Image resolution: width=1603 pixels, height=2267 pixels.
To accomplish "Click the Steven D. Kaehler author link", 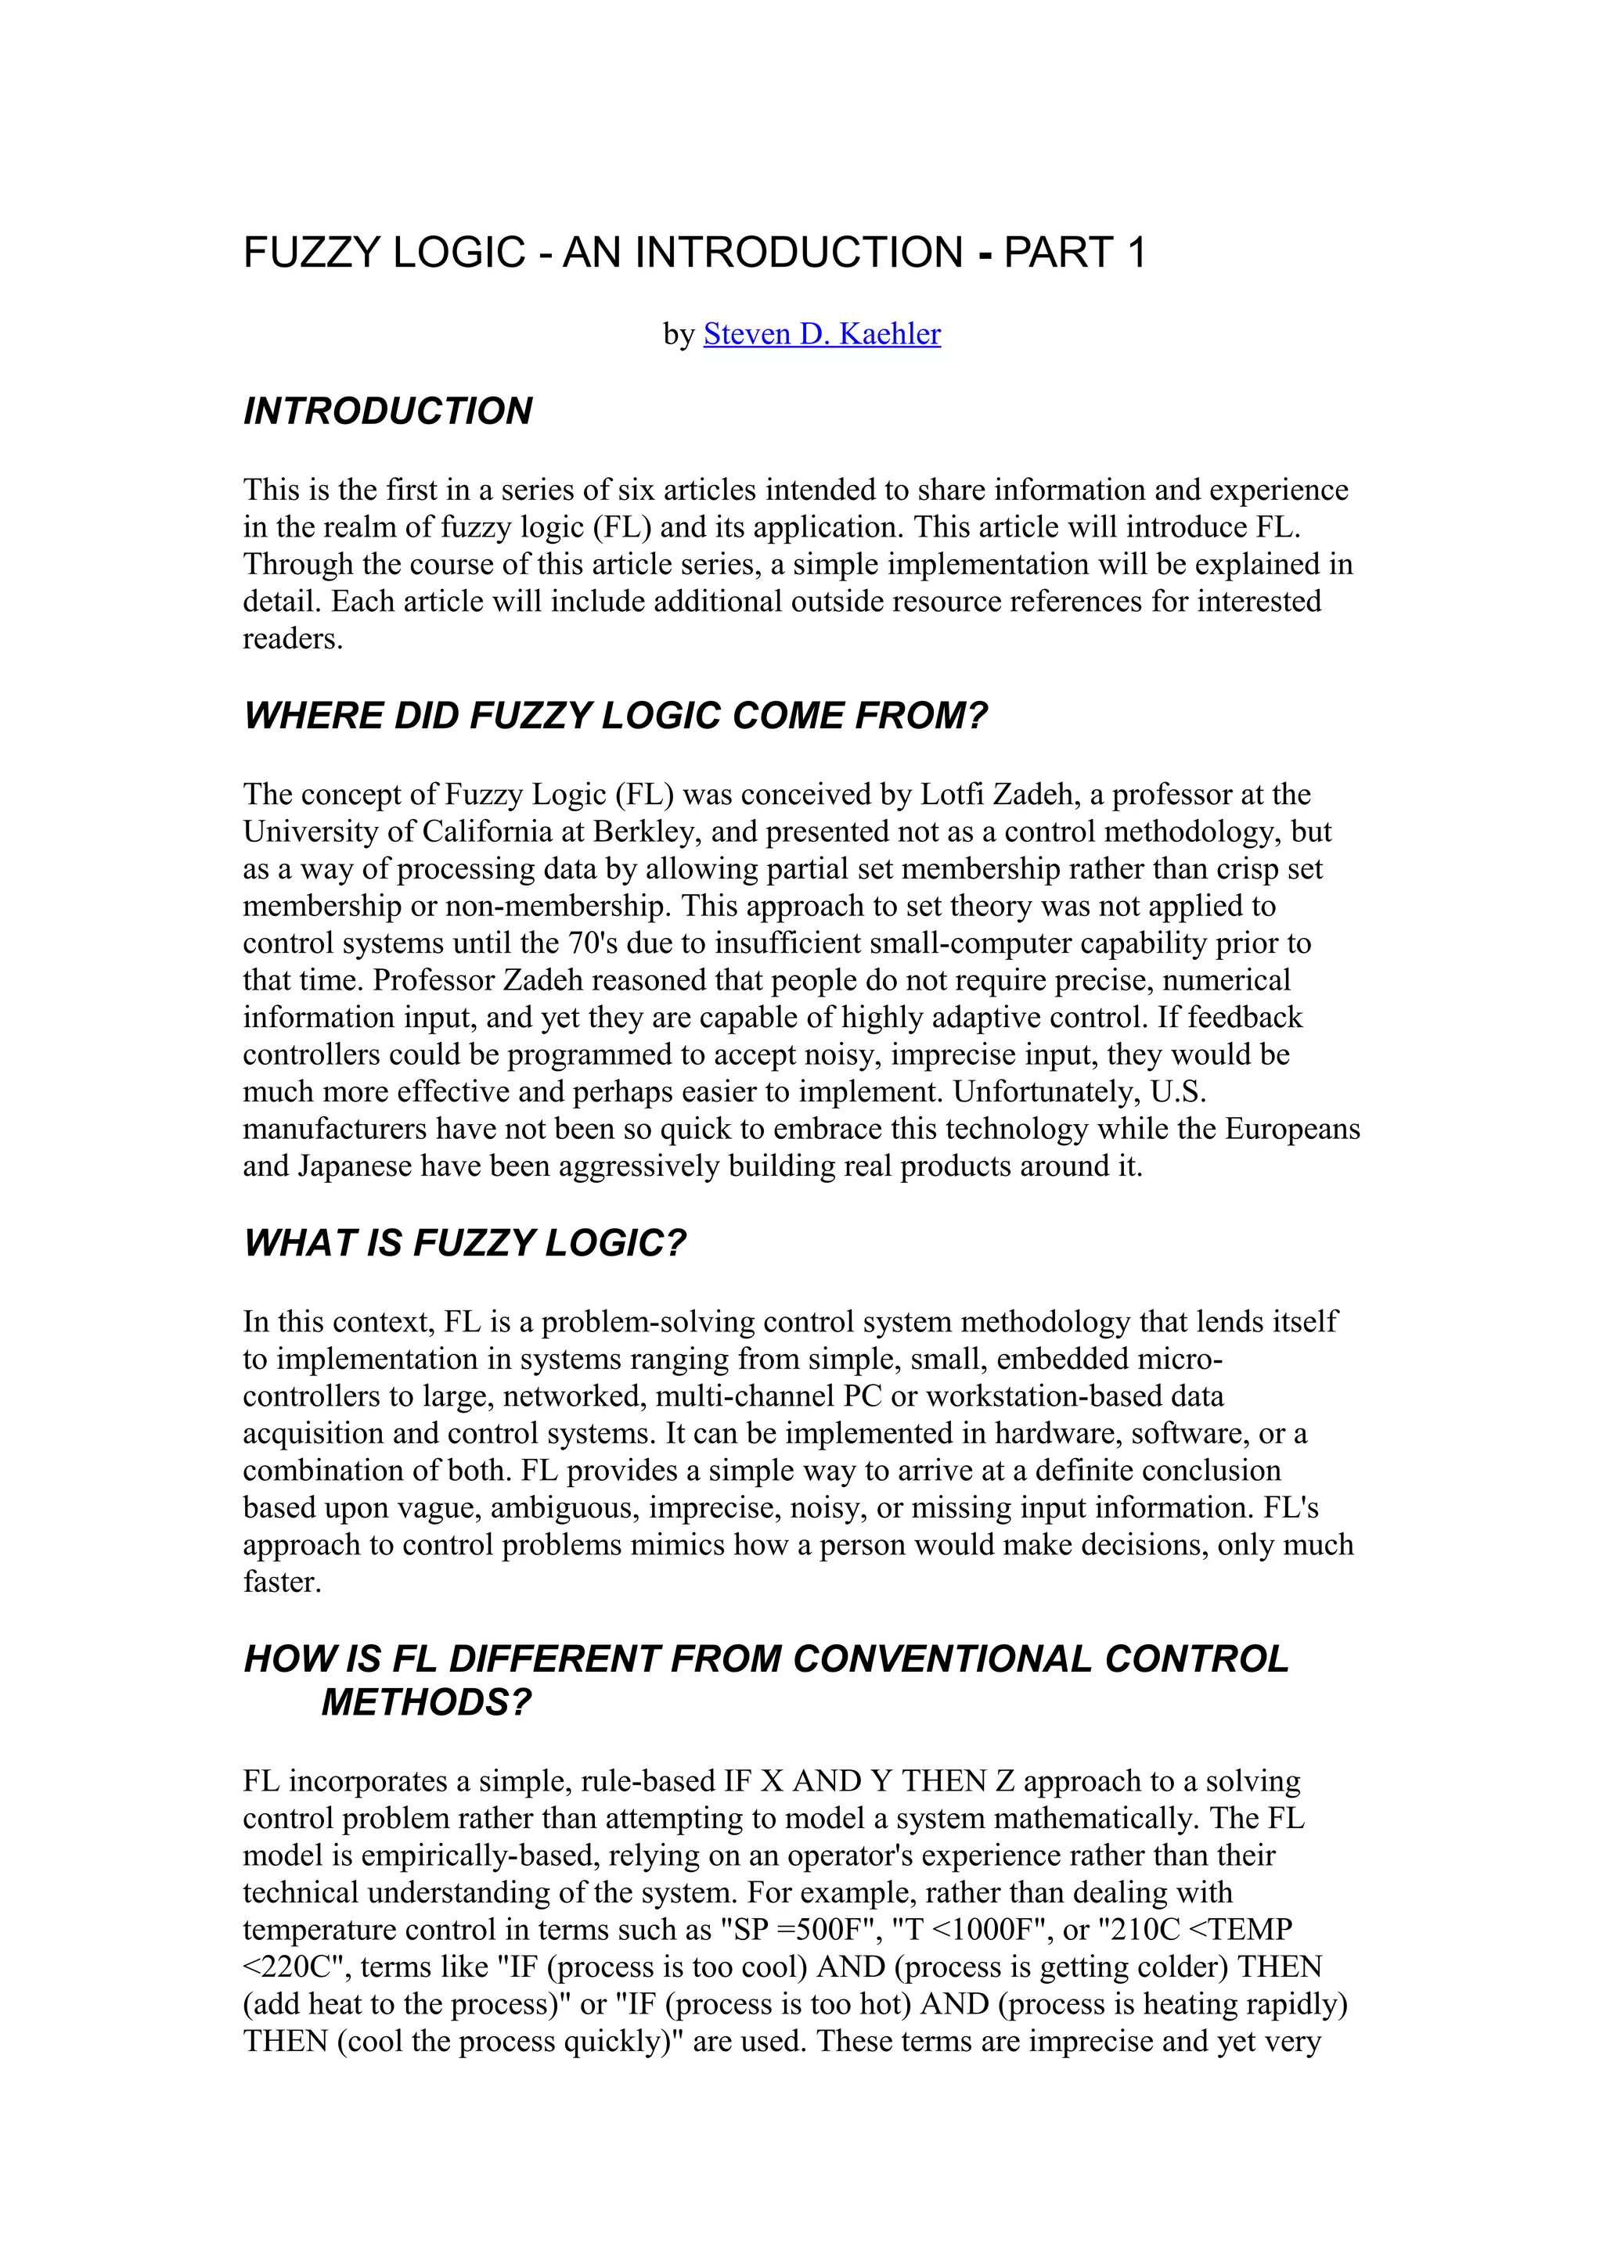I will [x=821, y=335].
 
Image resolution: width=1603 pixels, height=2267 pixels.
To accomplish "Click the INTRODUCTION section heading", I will [x=387, y=411].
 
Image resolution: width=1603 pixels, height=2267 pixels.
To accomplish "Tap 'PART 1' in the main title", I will [x=1074, y=253].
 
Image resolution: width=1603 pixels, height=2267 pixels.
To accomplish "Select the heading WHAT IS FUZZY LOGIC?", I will [x=464, y=1243].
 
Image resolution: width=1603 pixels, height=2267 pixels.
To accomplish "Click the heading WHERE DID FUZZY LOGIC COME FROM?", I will [x=615, y=716].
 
